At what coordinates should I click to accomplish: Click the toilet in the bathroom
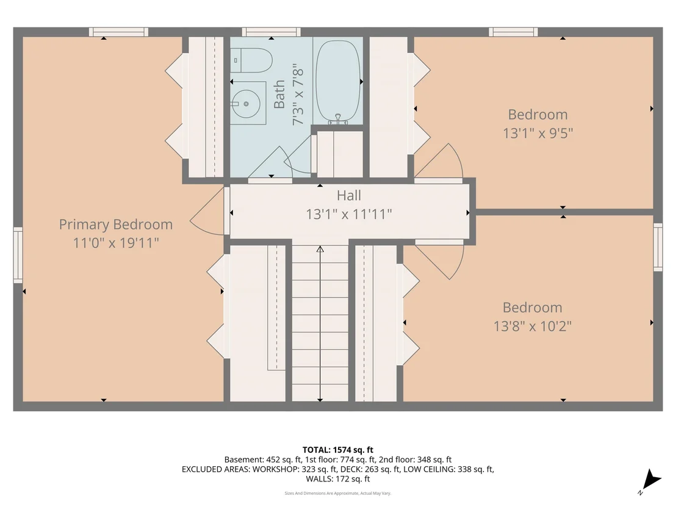[x=250, y=60]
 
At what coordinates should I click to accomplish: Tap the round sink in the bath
[x=246, y=104]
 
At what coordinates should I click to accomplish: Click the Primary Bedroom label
[x=115, y=224]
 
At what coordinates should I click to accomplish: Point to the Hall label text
[x=349, y=195]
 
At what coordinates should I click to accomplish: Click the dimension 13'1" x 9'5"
[x=538, y=133]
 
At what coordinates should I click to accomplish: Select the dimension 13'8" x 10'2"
[x=533, y=326]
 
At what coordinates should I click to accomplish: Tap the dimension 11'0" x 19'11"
[x=115, y=243]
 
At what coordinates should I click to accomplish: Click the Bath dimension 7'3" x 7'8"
[x=298, y=95]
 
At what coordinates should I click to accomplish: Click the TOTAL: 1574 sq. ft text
[x=338, y=450]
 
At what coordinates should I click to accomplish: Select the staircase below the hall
[x=320, y=323]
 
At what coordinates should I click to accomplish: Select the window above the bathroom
[x=271, y=32]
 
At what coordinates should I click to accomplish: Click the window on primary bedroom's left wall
[x=18, y=255]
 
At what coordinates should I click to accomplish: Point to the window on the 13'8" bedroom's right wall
[x=658, y=247]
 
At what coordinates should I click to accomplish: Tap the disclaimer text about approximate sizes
[x=337, y=493]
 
